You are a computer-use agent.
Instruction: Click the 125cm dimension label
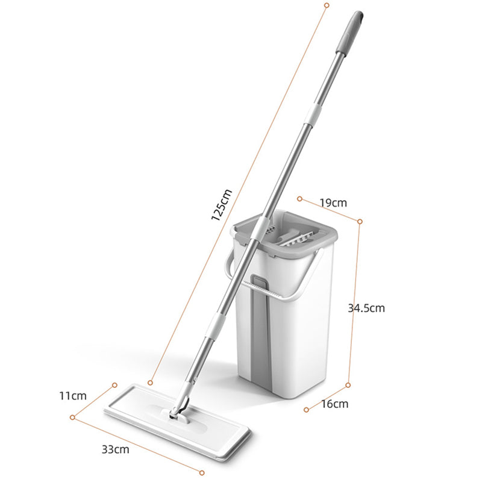(222, 205)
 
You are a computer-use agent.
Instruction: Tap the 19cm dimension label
(333, 203)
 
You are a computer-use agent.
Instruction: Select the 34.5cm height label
(366, 308)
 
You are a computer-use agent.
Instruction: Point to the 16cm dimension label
(334, 404)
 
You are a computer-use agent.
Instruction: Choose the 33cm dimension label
(114, 449)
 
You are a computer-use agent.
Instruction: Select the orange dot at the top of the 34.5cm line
(360, 222)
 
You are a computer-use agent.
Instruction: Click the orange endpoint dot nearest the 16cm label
(306, 410)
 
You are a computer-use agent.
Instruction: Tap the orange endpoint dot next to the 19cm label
(299, 197)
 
